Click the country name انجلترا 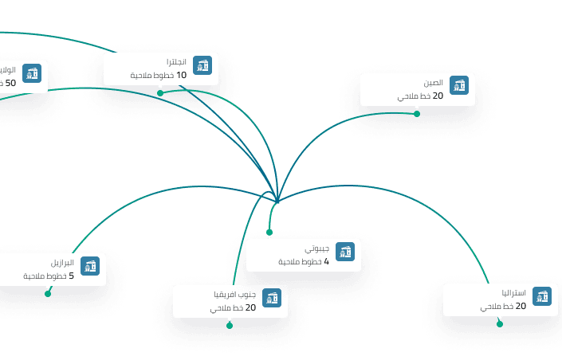tap(176, 62)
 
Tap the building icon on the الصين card tap(458, 86)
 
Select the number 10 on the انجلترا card tap(181, 76)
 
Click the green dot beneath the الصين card tap(417, 113)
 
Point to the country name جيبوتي tap(317, 248)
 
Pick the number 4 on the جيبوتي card tap(327, 262)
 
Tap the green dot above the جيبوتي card tap(269, 233)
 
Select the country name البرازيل tap(62, 263)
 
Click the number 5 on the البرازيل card tap(72, 276)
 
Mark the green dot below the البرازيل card tap(48, 294)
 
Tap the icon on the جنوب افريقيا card tap(273, 299)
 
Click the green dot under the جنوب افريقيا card tap(230, 325)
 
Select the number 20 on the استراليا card tap(521, 307)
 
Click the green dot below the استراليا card tap(500, 323)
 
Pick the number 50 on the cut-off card tap(10, 83)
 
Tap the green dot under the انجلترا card tap(160, 93)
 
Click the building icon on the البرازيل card tap(90, 266)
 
